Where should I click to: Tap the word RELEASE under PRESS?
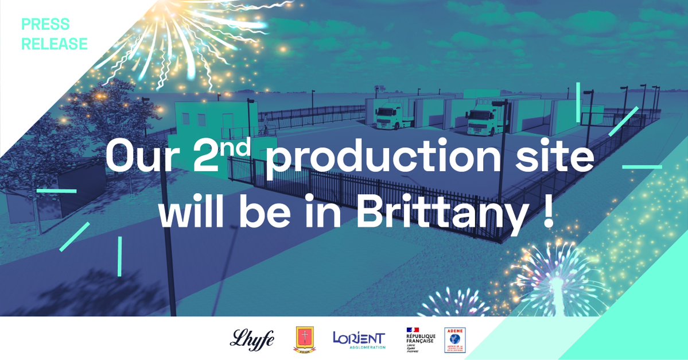pyautogui.click(x=55, y=44)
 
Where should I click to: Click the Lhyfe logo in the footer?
pyautogui.click(x=252, y=339)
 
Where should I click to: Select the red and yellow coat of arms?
pyautogui.click(x=304, y=339)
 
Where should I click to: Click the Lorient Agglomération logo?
pyautogui.click(x=359, y=339)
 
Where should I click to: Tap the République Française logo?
pyautogui.click(x=421, y=339)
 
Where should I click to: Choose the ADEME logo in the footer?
pyautogui.click(x=455, y=339)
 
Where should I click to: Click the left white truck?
pyautogui.click(x=390, y=114)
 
